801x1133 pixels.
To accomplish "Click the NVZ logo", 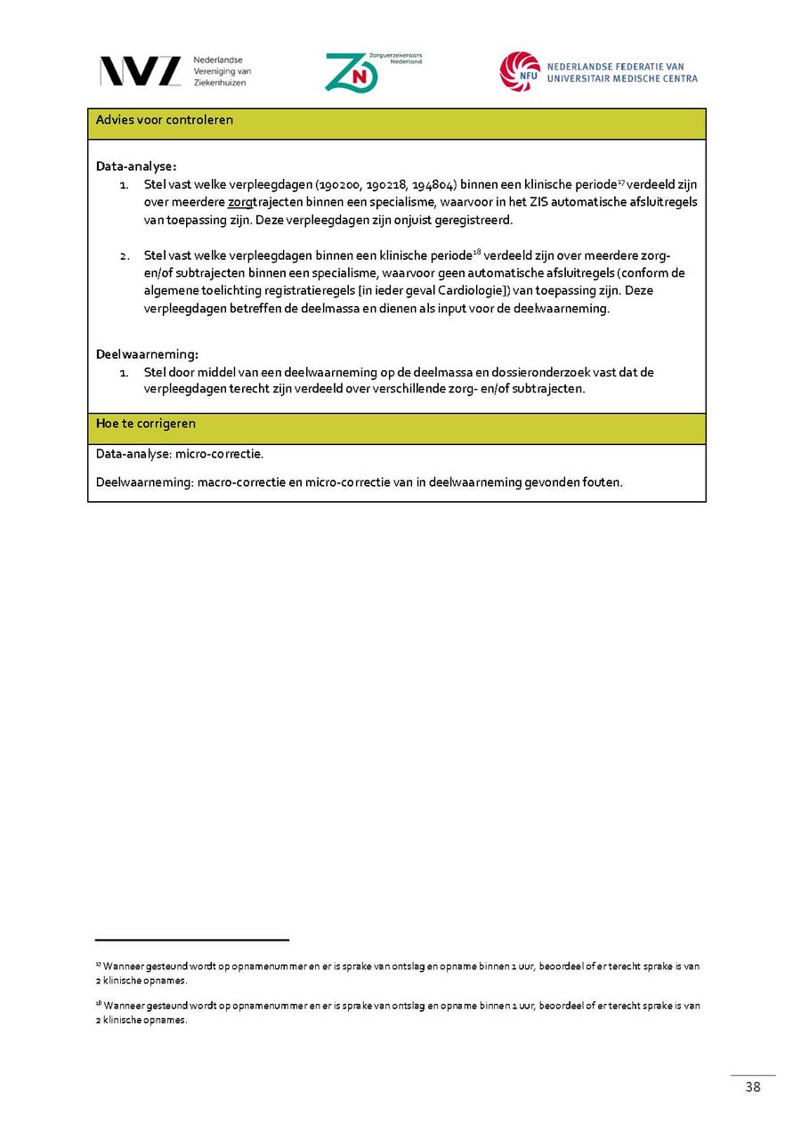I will pyautogui.click(x=140, y=71).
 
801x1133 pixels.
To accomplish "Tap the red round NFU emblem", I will pyautogui.click(x=519, y=71).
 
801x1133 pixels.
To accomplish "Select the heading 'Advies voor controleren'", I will pyautogui.click(x=165, y=120).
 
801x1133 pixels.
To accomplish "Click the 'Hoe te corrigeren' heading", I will pyautogui.click(x=146, y=424).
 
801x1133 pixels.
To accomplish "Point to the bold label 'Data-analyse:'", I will pyautogui.click(x=136, y=166).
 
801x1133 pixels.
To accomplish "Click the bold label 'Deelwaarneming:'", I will pyautogui.click(x=147, y=354).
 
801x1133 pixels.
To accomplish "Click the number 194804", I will pyautogui.click(x=432, y=184).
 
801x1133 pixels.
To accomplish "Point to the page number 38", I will pyautogui.click(x=753, y=1087).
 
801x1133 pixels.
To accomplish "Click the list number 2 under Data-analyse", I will pyautogui.click(x=125, y=256).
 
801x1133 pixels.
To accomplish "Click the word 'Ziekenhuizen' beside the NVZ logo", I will pyautogui.click(x=220, y=83).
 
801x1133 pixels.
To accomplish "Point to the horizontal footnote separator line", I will pyautogui.click(x=192, y=939).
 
